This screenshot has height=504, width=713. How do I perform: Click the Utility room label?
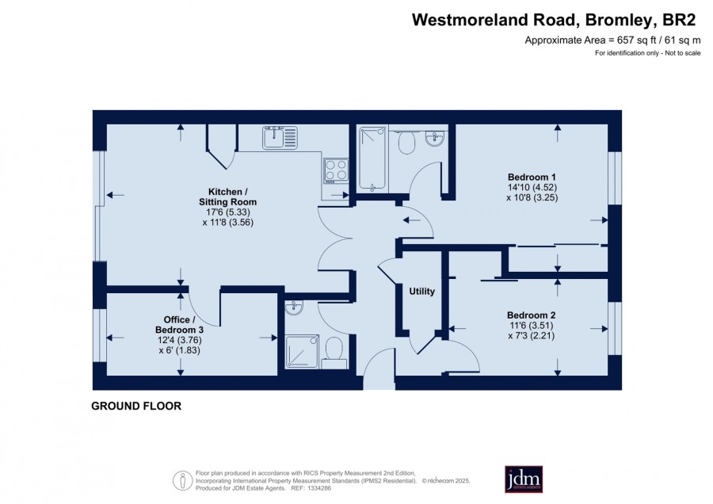422,291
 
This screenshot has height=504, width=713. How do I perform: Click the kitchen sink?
280,138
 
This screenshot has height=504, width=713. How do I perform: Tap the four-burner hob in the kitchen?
336,170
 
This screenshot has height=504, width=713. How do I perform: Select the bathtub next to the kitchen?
373,158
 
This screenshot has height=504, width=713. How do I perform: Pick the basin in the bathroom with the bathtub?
435,138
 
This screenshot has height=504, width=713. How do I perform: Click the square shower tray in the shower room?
303,351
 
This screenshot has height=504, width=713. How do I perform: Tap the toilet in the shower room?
334,352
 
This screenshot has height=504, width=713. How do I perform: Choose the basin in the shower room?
294,308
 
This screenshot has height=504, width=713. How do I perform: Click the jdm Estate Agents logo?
524,479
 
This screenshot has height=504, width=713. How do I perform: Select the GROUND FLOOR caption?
136,406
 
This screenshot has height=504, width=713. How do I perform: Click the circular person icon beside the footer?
182,480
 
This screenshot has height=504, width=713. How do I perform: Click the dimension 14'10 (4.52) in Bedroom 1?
532,187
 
